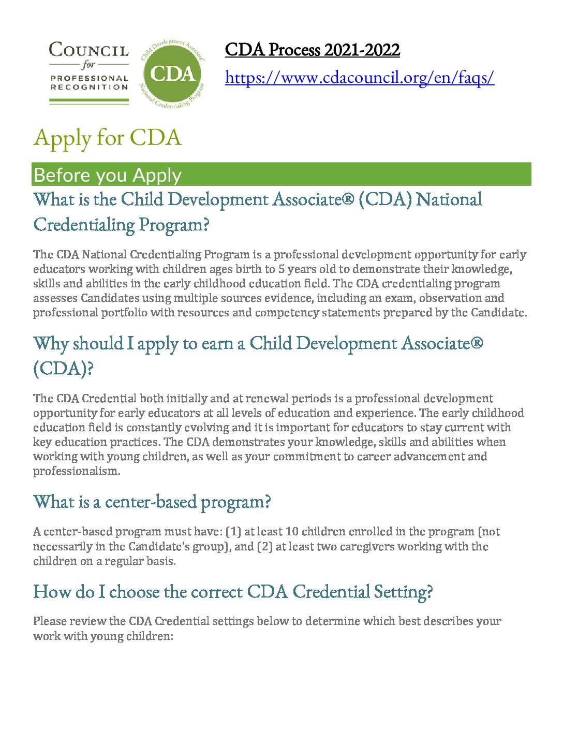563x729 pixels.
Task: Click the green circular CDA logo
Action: [172, 73]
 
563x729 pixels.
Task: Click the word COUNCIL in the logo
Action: [88, 50]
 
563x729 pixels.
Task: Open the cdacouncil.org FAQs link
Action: [360, 78]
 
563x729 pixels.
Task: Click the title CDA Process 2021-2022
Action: [312, 50]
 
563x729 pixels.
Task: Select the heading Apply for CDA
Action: [108, 138]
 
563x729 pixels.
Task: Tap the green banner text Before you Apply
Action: [107, 175]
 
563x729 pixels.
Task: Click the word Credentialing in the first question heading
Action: [83, 225]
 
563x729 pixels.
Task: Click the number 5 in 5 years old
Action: [281, 269]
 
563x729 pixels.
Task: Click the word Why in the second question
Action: [51, 343]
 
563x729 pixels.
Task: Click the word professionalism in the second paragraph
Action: [76, 471]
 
